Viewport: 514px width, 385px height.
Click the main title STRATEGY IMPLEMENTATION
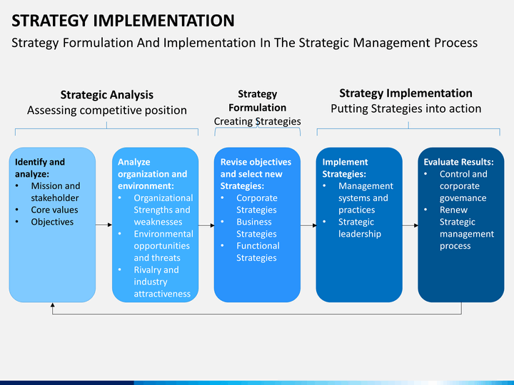(x=123, y=21)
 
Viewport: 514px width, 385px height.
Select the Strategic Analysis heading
(x=107, y=95)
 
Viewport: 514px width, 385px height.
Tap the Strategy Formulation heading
(x=257, y=101)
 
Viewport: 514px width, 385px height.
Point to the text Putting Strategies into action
(x=405, y=108)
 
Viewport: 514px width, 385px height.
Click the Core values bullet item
(x=54, y=210)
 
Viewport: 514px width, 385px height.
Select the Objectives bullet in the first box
(x=52, y=222)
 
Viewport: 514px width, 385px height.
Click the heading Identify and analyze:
(x=40, y=168)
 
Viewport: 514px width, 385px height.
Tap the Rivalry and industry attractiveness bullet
(x=162, y=282)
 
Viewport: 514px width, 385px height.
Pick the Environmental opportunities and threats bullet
(x=163, y=246)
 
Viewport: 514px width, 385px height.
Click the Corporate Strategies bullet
(x=257, y=204)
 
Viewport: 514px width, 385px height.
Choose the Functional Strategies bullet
(x=258, y=252)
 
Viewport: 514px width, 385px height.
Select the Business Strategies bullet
(x=256, y=228)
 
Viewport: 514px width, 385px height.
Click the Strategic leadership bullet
(x=360, y=228)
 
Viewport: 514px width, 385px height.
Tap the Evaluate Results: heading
(x=458, y=162)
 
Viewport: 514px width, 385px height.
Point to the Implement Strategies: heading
(x=345, y=168)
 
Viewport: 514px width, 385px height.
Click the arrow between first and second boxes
(x=104, y=225)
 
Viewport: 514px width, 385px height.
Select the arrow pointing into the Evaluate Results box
(x=410, y=225)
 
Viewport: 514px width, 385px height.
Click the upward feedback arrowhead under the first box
(x=52, y=305)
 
